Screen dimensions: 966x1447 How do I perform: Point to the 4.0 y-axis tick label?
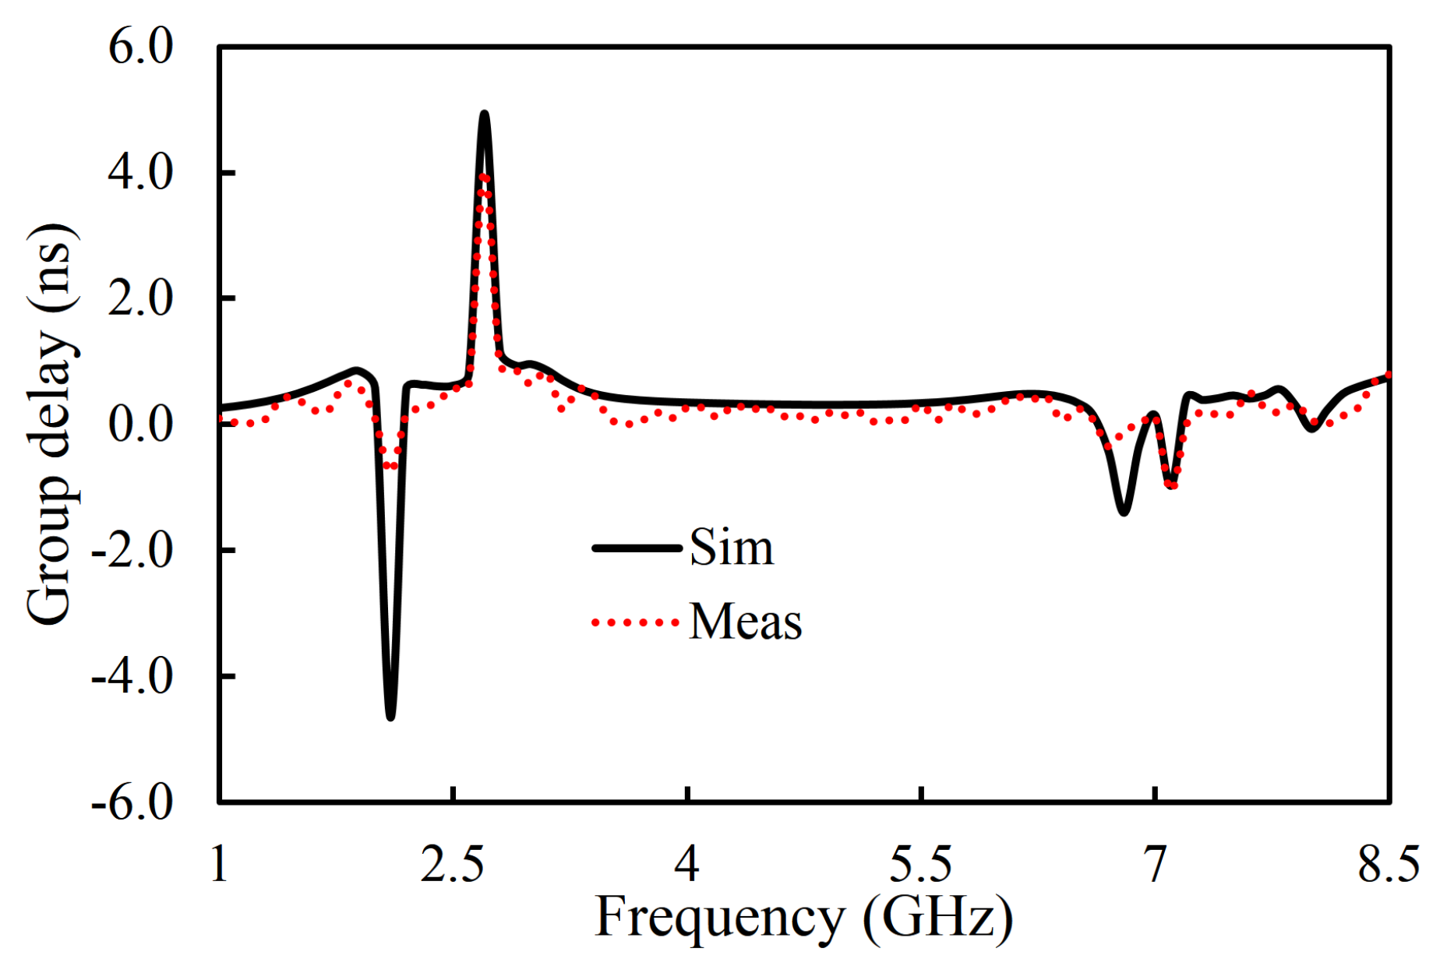click(x=140, y=173)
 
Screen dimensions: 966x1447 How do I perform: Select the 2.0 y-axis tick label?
click(x=140, y=298)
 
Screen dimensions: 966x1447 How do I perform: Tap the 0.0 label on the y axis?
click(x=140, y=425)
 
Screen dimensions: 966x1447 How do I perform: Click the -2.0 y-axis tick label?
click(x=132, y=551)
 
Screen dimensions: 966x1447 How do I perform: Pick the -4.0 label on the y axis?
click(x=132, y=676)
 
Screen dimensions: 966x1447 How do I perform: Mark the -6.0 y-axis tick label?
click(x=132, y=802)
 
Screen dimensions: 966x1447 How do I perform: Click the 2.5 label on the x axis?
click(x=453, y=863)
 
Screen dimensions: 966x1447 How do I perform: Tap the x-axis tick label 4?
click(x=686, y=863)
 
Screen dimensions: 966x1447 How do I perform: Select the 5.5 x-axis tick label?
click(x=921, y=863)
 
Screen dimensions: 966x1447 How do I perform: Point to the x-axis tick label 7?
click(x=1155, y=863)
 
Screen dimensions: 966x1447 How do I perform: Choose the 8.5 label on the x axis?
click(x=1389, y=863)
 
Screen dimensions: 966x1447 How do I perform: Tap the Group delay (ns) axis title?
click(x=51, y=425)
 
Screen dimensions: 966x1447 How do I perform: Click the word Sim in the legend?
click(x=732, y=548)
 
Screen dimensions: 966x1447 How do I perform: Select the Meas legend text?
click(x=746, y=622)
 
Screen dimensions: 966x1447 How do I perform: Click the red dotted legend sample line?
click(x=635, y=622)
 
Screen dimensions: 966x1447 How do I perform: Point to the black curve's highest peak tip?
click(x=485, y=115)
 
